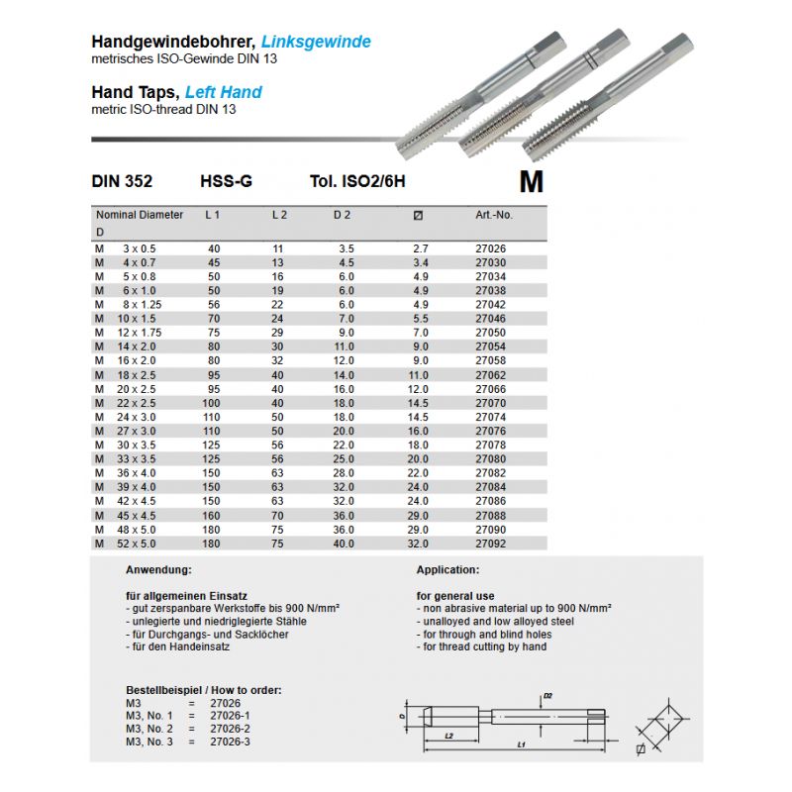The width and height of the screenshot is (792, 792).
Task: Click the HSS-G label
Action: (x=226, y=182)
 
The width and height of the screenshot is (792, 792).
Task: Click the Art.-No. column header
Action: (x=494, y=214)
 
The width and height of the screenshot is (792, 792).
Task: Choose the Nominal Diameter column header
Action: (x=140, y=214)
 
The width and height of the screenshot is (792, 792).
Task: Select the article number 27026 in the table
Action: (x=491, y=248)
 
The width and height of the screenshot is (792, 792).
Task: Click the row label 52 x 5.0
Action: (x=140, y=544)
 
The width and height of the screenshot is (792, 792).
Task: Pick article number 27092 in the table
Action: (x=491, y=544)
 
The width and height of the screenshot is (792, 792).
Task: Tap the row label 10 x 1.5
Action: (x=138, y=319)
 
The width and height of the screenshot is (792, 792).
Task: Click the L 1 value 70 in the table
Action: (x=214, y=319)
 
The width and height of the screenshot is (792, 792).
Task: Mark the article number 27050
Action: (x=491, y=333)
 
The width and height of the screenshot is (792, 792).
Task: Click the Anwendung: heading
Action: (x=157, y=571)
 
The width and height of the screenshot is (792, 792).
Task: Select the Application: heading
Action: (x=447, y=571)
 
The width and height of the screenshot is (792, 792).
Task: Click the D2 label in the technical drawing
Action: (x=548, y=696)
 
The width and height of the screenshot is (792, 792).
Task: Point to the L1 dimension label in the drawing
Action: (x=520, y=742)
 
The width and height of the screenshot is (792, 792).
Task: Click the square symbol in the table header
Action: (x=417, y=215)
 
